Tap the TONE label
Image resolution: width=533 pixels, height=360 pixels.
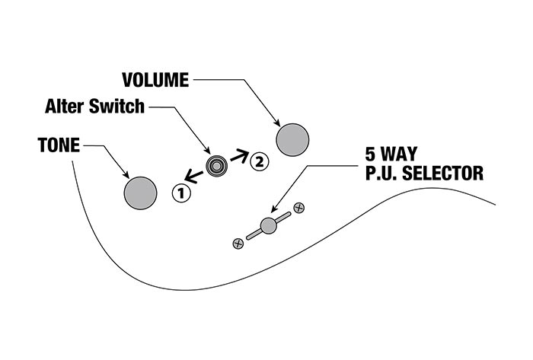[x=59, y=145]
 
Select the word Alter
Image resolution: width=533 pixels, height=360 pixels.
[x=65, y=107]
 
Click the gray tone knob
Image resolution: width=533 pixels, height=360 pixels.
[x=141, y=192]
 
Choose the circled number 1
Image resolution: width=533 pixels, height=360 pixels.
[x=180, y=193]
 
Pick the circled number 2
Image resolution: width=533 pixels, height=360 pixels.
[x=259, y=161]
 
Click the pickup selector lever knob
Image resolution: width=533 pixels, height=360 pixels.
[x=267, y=225]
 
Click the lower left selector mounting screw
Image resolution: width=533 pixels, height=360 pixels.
[x=238, y=244]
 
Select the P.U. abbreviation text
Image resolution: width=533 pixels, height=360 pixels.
[x=383, y=174]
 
